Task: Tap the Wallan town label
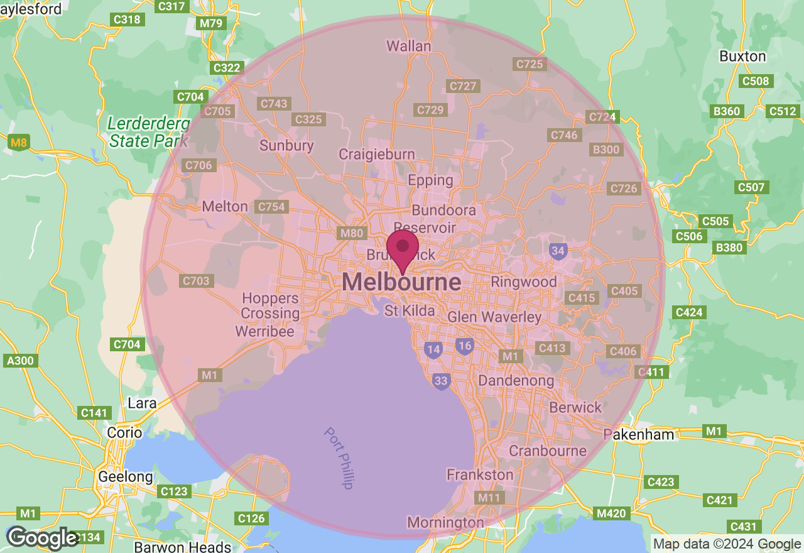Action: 409,46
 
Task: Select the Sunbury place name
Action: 286,146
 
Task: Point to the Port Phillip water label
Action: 339,458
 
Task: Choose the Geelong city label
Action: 126,477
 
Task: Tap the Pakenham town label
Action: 639,434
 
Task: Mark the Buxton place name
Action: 742,56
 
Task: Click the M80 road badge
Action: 351,233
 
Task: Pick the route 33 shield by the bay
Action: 442,381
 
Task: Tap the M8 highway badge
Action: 19,143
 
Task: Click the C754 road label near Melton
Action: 271,207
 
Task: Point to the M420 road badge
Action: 611,513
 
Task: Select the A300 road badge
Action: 20,361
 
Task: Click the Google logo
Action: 42,538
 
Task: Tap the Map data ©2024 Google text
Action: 727,544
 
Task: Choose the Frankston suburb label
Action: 480,474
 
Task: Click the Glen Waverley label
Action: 494,317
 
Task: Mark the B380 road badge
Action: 729,248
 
